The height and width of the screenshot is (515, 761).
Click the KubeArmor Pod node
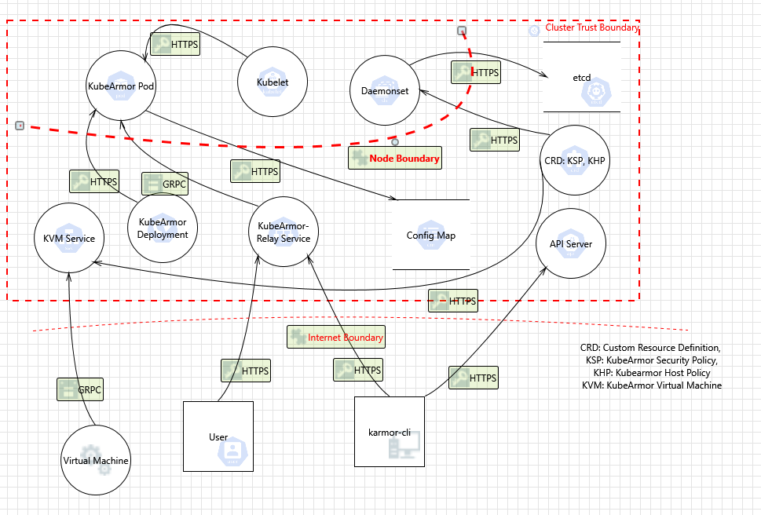(121, 86)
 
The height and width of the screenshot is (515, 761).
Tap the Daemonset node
(385, 90)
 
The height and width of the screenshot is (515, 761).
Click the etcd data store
(581, 77)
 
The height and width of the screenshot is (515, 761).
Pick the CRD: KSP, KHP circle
(576, 161)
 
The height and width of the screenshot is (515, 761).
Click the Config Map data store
(430, 235)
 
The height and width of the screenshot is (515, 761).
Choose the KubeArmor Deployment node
(162, 228)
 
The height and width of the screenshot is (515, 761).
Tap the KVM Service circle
(69, 239)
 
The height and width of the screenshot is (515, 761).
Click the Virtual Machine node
(96, 461)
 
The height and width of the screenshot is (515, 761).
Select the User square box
(218, 436)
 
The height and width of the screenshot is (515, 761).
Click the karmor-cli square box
(390, 432)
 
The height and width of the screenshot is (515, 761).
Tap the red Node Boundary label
(395, 158)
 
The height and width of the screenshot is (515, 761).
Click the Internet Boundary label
(336, 338)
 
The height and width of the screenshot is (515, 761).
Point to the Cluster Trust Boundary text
(591, 28)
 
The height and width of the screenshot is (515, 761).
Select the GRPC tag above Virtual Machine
(80, 389)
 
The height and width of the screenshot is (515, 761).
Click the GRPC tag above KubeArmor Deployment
(165, 184)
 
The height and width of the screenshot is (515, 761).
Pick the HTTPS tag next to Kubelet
(175, 44)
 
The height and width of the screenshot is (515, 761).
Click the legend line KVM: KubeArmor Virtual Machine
(651, 385)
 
